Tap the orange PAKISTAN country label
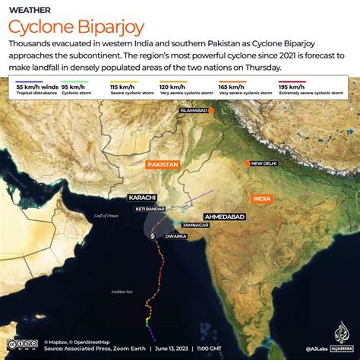[x=163, y=164]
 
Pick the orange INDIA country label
[x=262, y=199]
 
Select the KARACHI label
[x=142, y=197]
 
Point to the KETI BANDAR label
[x=150, y=208]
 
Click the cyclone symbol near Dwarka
[x=155, y=236]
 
